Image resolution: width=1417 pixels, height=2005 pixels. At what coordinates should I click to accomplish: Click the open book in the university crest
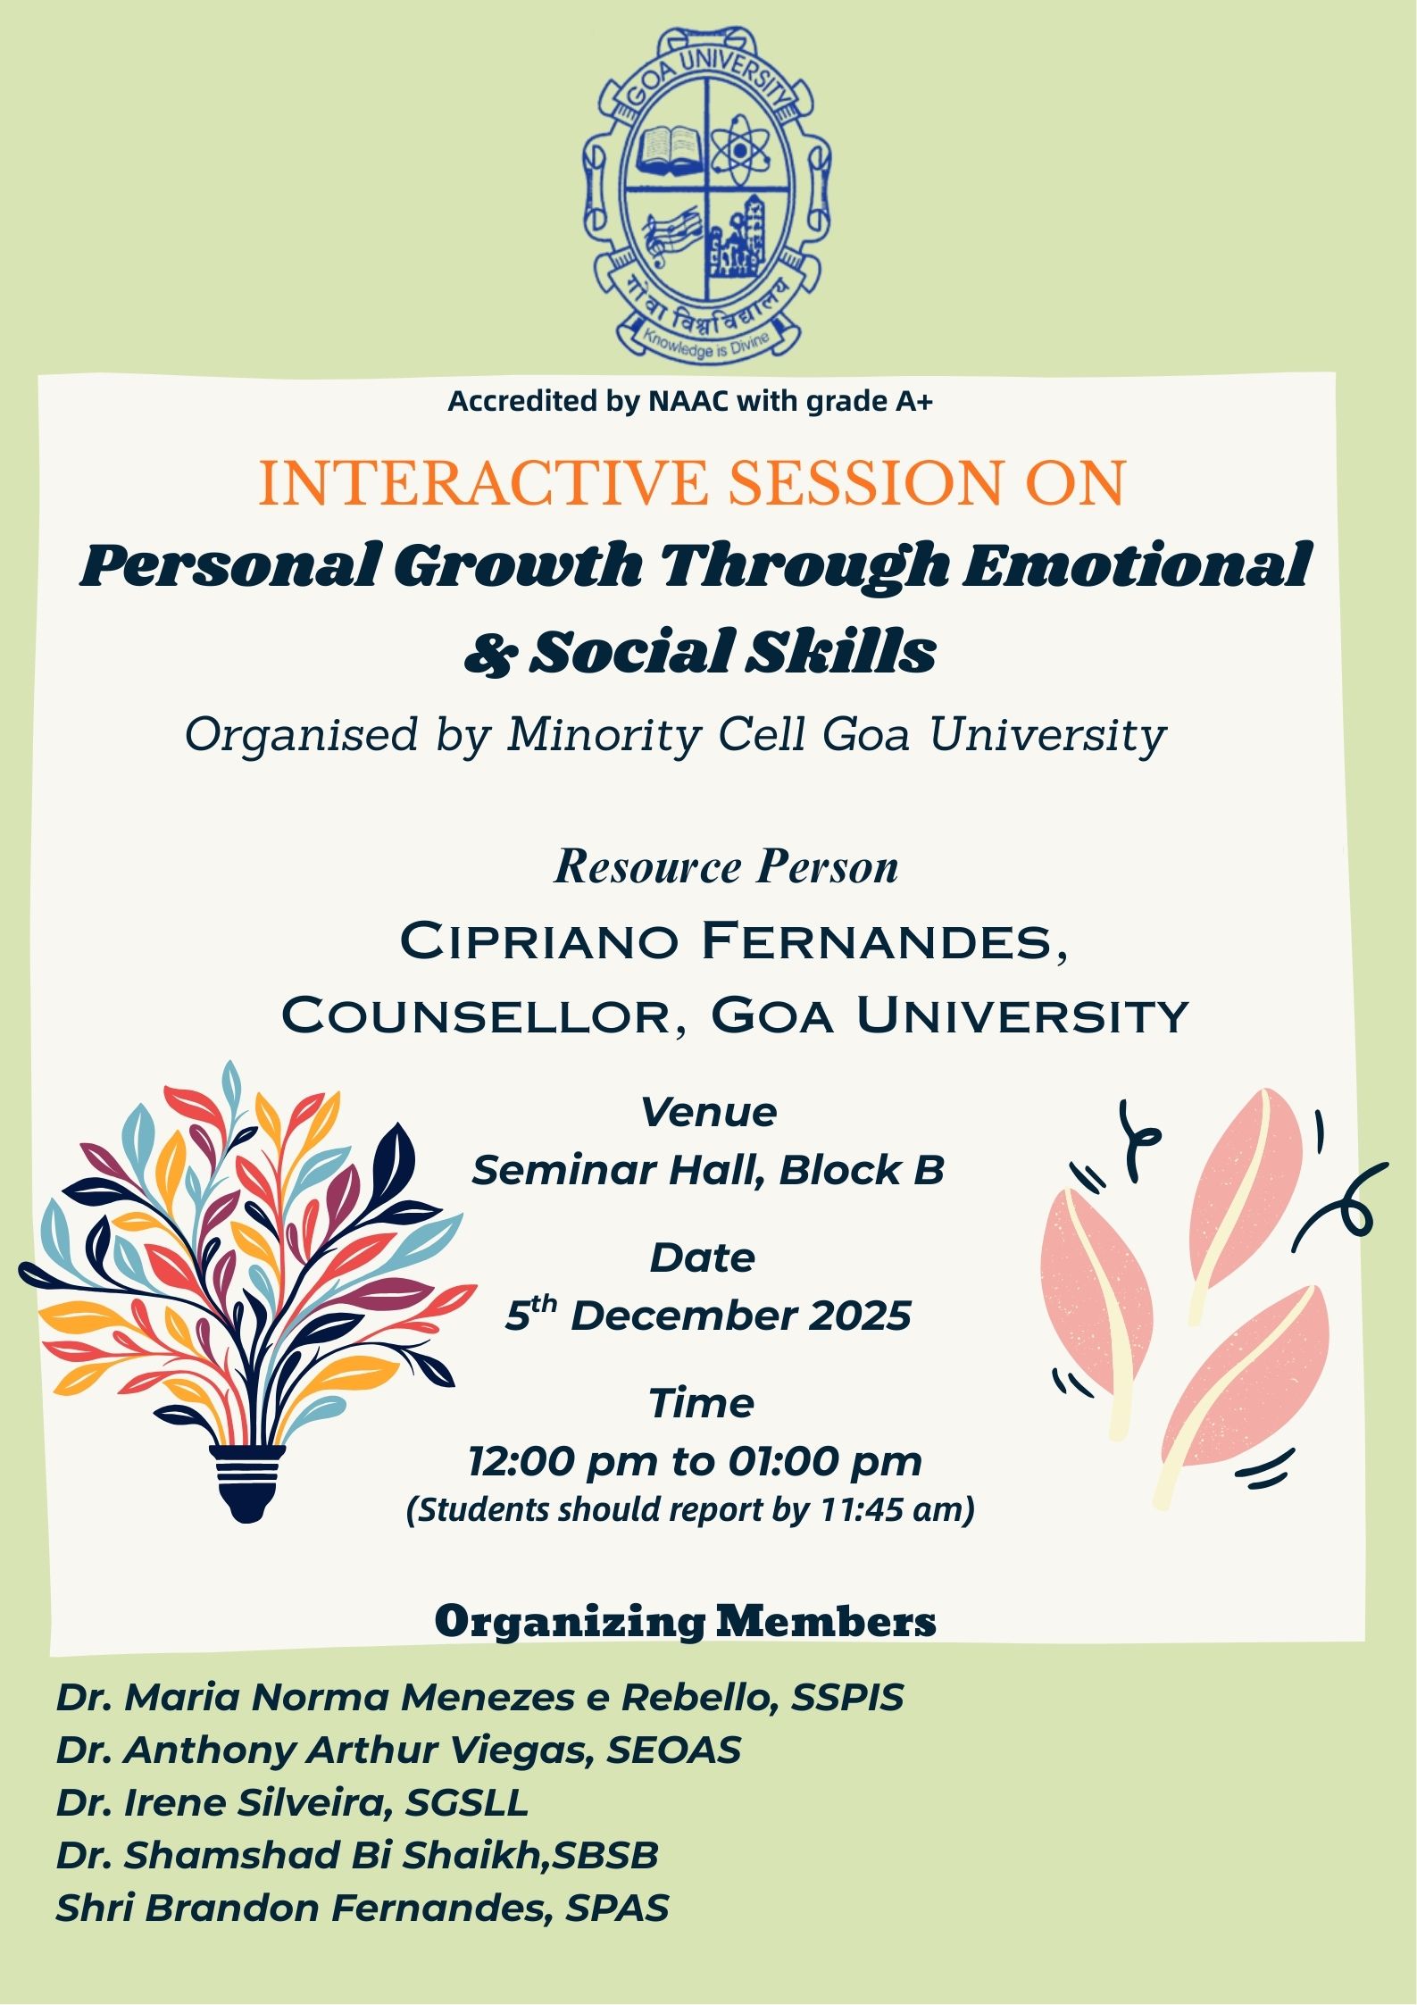coord(669,149)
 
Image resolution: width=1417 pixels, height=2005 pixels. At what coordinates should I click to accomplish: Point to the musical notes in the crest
coord(671,234)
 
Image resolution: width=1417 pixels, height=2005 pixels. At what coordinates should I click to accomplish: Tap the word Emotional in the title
coord(1138,564)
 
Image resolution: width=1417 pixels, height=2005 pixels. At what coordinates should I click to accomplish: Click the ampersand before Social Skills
coord(490,653)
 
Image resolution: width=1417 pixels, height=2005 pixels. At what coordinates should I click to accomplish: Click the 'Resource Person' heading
coord(726,866)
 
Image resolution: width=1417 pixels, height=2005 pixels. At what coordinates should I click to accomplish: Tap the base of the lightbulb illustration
coord(248,1483)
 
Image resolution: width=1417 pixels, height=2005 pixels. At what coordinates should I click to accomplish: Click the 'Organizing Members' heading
coord(686,1622)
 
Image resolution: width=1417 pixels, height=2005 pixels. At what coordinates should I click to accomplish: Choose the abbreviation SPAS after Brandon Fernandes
coord(617,1908)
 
